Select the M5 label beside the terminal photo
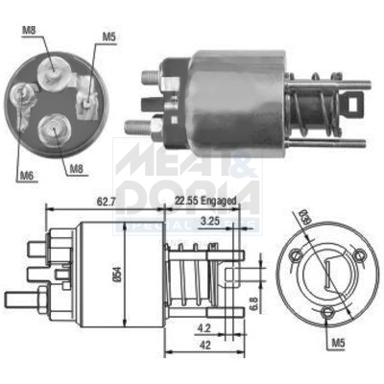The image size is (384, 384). point(112,38)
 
